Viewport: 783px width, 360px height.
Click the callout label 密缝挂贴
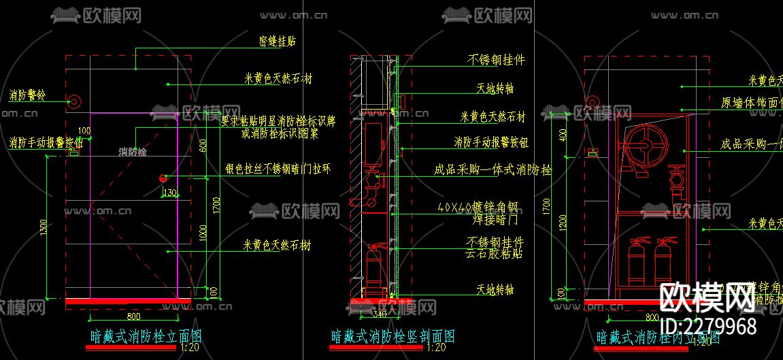277,42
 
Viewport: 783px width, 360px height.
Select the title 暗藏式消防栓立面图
146,336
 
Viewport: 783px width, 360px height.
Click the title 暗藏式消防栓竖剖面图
393,336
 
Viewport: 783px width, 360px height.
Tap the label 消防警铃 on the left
27,95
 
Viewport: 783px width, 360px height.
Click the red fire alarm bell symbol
75,102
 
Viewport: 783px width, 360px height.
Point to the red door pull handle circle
163,178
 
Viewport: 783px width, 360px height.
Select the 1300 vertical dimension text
44,225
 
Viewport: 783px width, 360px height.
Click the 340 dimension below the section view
380,315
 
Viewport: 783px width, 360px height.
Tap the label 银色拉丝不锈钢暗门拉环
278,169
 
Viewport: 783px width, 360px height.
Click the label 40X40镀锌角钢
478,207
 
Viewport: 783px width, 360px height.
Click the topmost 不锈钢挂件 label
496,60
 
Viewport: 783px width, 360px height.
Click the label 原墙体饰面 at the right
751,103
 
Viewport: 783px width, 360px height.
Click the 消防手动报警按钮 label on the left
46,144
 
